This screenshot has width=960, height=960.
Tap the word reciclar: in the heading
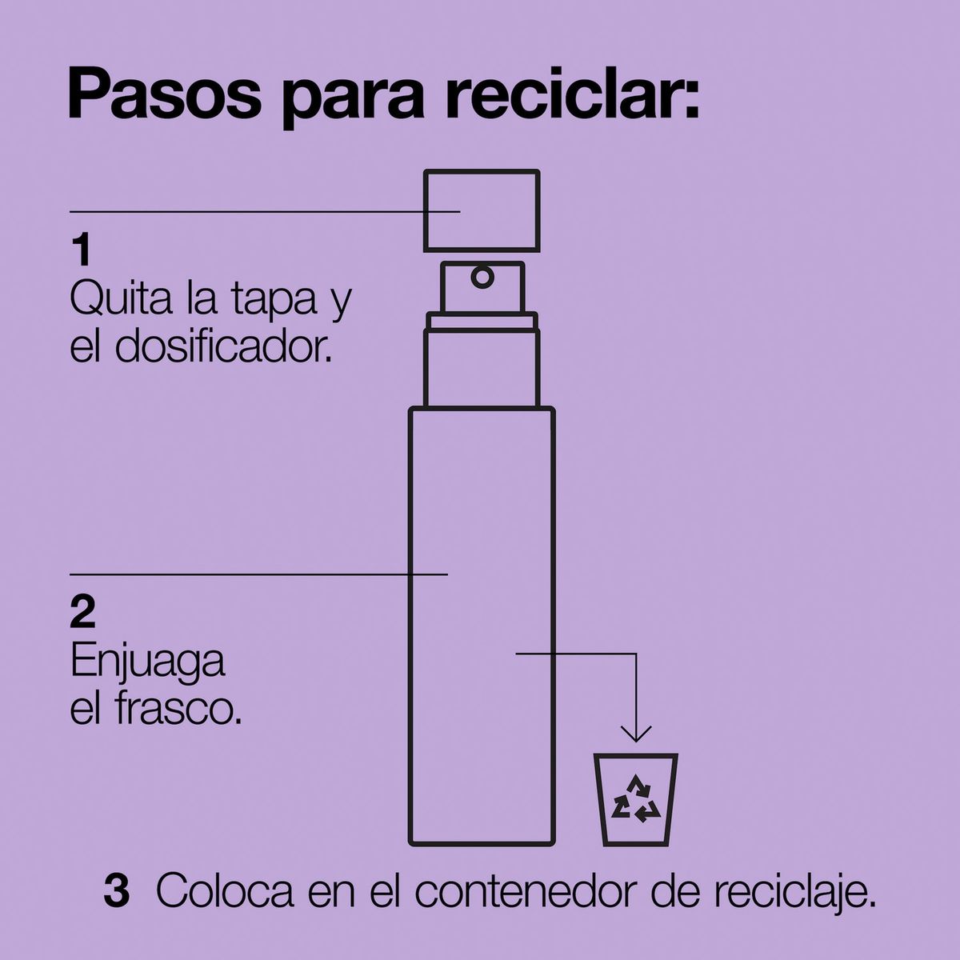click(x=572, y=94)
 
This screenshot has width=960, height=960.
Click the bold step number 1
click(x=82, y=250)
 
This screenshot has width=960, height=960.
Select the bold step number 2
click(x=82, y=612)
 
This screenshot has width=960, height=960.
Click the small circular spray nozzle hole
click(x=482, y=277)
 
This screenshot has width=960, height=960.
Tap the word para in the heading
click(x=354, y=101)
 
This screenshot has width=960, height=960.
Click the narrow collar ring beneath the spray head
click(x=482, y=321)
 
